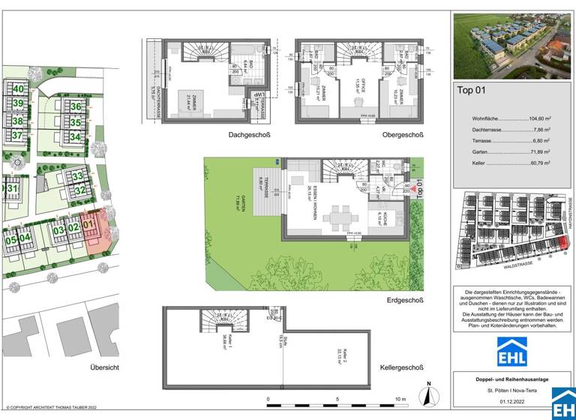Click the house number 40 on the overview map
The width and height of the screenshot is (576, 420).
coord(17,88)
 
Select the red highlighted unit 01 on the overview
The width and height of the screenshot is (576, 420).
coord(89,223)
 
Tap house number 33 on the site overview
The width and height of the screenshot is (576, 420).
coord(78,177)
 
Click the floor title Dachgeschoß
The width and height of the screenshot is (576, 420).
coord(250,135)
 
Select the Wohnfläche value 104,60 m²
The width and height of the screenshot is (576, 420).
coord(534,118)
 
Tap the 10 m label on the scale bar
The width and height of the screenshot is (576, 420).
coord(400,399)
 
